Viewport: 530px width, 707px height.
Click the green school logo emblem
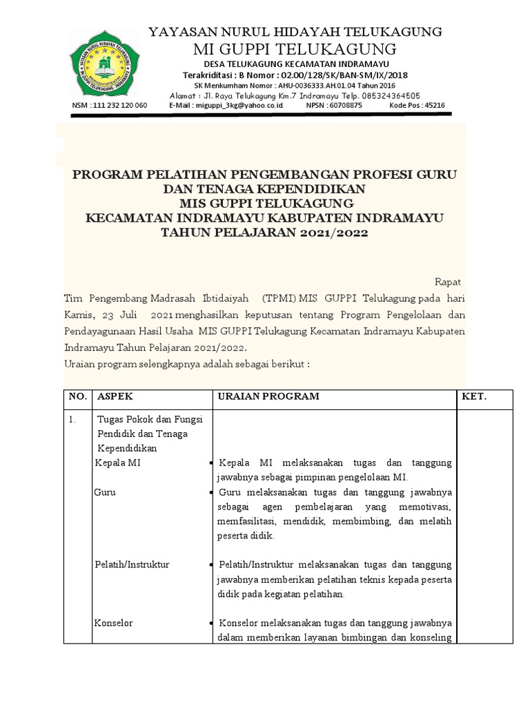pyautogui.click(x=104, y=64)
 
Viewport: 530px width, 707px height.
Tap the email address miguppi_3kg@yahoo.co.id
pyautogui.click(x=226, y=106)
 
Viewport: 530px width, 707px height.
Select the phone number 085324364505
pyautogui.click(x=386, y=95)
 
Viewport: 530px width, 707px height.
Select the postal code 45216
pyautogui.click(x=434, y=106)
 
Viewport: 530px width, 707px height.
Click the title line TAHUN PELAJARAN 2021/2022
pyautogui.click(x=264, y=233)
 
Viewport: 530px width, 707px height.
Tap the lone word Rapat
pyautogui.click(x=447, y=282)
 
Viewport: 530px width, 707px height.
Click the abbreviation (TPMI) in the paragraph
pyautogui.click(x=279, y=298)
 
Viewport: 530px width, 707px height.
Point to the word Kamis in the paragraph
pyautogui.click(x=78, y=315)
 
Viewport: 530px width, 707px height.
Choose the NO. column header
pyautogui.click(x=78, y=396)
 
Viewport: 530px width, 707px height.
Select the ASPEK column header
pyautogui.click(x=115, y=396)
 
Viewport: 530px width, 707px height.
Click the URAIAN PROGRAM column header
pyautogui.click(x=268, y=396)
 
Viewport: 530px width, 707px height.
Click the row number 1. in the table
pyautogui.click(x=74, y=419)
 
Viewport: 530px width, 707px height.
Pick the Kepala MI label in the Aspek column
pyautogui.click(x=117, y=463)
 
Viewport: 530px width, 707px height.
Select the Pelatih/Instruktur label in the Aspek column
pyautogui.click(x=132, y=565)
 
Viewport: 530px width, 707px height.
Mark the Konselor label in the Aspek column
pyautogui.click(x=114, y=623)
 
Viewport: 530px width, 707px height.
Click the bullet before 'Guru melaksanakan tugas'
pyautogui.click(x=210, y=493)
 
